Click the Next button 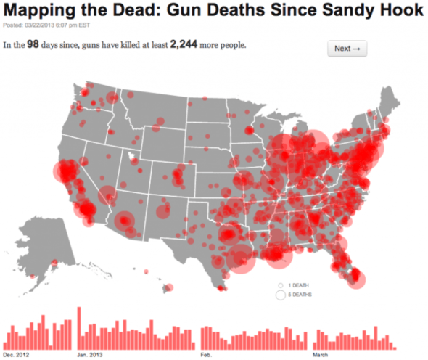tap(348, 49)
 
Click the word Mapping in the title tap(39, 12)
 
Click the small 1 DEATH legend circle tap(280, 285)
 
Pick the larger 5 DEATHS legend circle tap(280, 295)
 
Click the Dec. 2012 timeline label tap(15, 355)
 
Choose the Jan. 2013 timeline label tap(91, 355)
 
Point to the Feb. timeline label tap(206, 355)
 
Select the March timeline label tap(321, 355)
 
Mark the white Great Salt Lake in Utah tap(131, 155)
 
